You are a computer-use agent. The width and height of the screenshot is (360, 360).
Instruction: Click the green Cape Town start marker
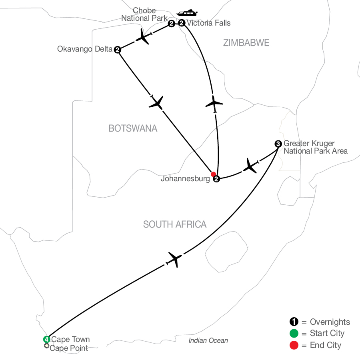(x=47, y=339)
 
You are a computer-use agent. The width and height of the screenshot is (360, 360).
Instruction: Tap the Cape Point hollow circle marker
(x=47, y=346)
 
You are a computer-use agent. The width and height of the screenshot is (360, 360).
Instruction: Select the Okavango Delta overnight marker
(x=118, y=50)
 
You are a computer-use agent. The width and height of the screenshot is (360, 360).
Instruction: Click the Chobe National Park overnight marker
(x=171, y=24)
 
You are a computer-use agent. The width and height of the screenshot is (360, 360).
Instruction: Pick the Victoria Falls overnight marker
(x=182, y=23)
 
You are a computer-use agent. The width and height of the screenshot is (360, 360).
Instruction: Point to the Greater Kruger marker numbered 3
(x=278, y=144)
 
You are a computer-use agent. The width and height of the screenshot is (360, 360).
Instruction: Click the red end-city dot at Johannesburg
(x=213, y=174)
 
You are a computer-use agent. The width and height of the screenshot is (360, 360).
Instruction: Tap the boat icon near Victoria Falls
(x=187, y=13)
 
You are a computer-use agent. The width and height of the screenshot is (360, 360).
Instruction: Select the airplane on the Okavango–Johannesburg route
(x=156, y=102)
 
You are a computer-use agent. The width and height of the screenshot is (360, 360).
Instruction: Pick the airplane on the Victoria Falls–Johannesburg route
(x=214, y=104)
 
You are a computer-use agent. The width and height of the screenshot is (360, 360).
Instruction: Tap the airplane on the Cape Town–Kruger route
(x=174, y=260)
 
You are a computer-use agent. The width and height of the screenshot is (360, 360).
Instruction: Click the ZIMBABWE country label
(x=246, y=43)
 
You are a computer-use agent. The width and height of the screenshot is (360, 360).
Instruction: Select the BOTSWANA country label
(x=133, y=128)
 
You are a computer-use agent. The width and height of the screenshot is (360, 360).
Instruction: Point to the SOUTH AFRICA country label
(x=175, y=224)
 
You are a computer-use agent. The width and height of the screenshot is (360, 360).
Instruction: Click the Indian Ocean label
(x=208, y=340)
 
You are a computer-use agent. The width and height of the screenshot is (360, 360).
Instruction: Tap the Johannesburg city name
(x=185, y=179)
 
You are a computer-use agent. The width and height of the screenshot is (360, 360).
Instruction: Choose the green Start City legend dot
(x=294, y=333)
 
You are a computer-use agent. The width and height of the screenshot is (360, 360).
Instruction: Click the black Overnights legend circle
(x=294, y=322)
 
